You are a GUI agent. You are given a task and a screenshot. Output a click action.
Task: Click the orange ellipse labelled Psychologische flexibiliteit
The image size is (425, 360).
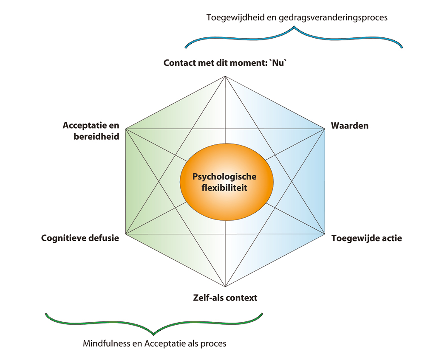[226, 182]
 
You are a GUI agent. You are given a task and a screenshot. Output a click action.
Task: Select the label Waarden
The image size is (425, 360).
[349, 126]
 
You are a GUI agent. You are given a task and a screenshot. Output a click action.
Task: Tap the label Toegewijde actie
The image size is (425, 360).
[366, 238]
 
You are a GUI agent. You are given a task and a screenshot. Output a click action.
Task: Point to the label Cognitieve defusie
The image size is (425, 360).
[80, 238]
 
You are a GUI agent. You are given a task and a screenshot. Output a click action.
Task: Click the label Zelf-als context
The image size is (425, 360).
[225, 297]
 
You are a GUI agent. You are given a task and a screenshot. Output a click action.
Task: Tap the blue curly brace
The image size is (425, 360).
[294, 36]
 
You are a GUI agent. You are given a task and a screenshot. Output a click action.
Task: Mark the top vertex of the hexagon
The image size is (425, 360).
[225, 76]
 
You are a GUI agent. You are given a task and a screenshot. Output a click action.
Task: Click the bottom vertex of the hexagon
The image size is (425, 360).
[225, 287]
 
